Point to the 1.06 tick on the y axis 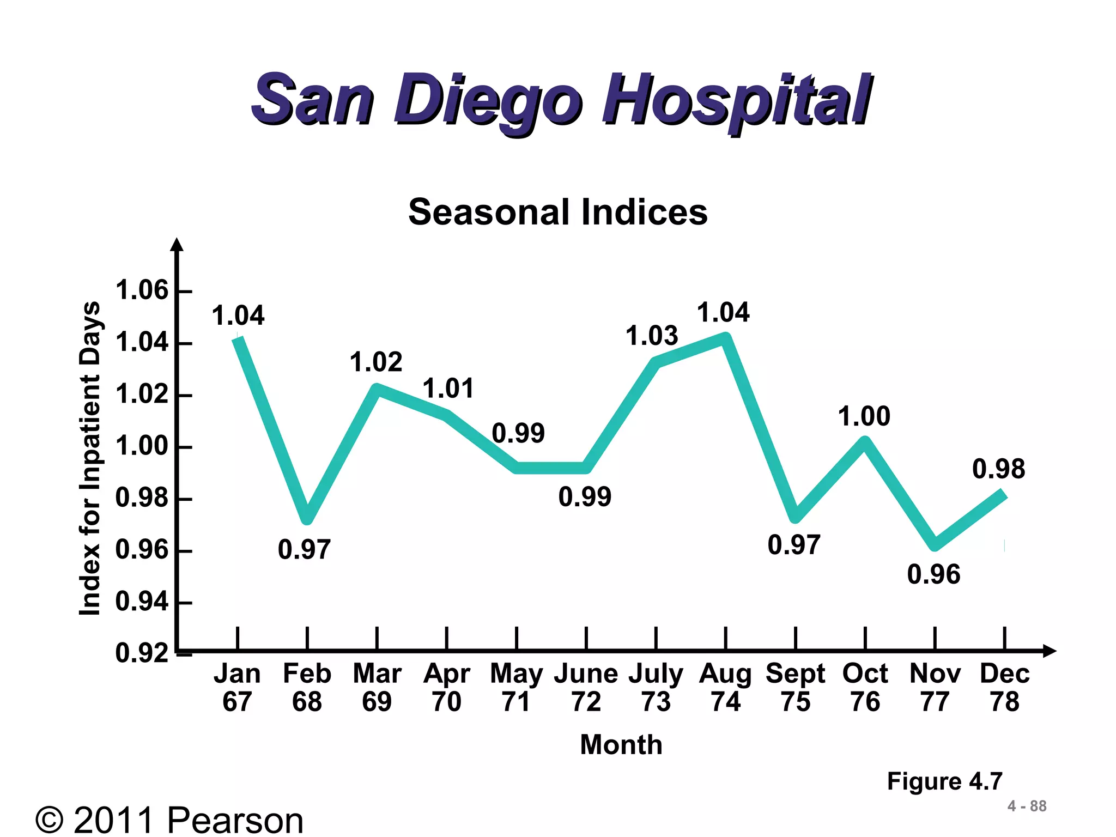tap(143, 290)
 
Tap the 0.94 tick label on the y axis tap(142, 602)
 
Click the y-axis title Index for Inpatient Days tap(90, 458)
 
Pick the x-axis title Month tap(621, 744)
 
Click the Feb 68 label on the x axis tap(307, 687)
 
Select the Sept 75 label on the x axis tap(795, 687)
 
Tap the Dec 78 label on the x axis tap(1004, 687)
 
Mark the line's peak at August tap(725, 338)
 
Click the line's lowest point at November tap(935, 544)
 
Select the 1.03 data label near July tap(651, 336)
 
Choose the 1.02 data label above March tap(376, 362)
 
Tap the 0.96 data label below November tap(933, 574)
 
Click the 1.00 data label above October tap(864, 417)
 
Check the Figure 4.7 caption tap(944, 781)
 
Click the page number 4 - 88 tap(1027, 806)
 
